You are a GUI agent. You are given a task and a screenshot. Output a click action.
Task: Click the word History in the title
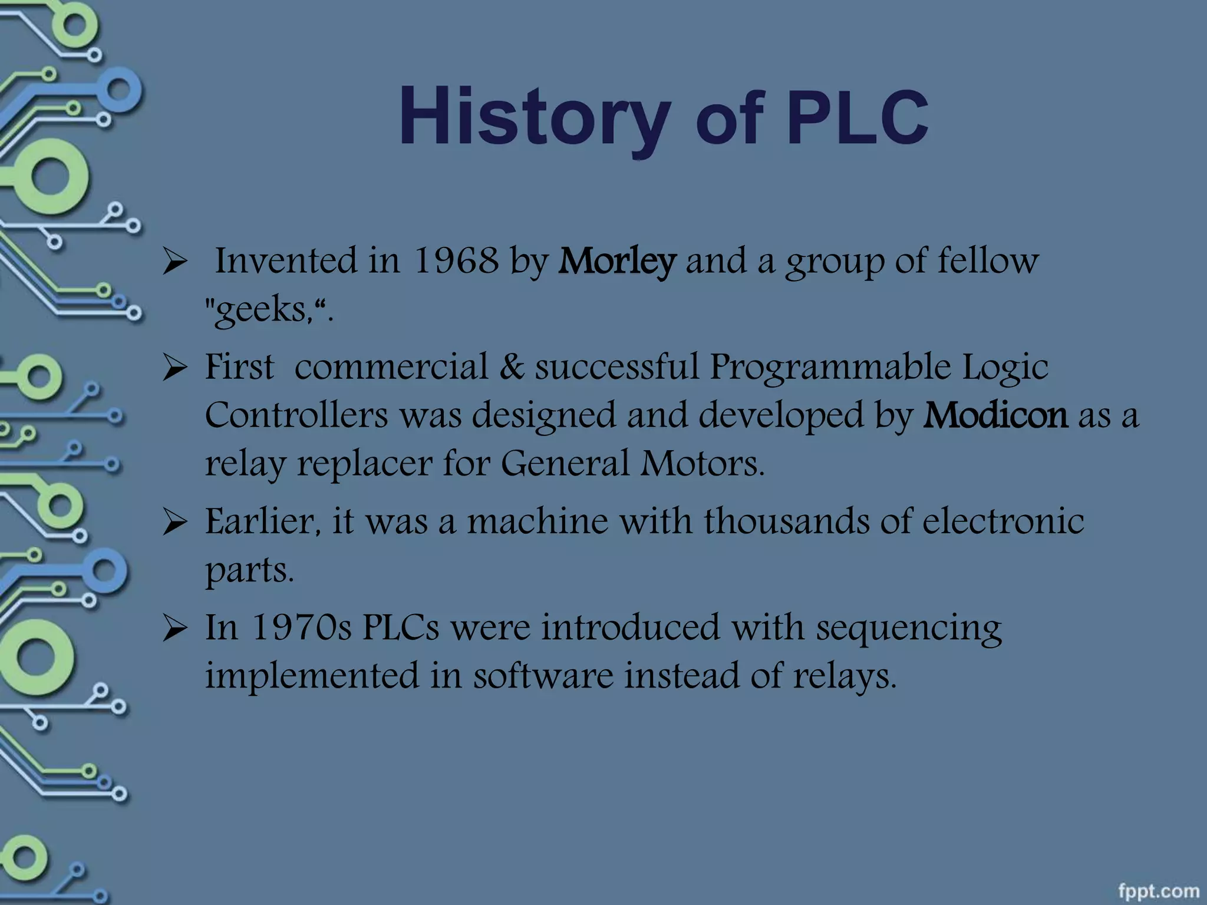535,118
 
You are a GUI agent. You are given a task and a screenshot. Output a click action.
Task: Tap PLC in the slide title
858,120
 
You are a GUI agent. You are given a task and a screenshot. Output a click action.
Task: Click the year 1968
456,260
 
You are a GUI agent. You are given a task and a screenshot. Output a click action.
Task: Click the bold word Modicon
995,415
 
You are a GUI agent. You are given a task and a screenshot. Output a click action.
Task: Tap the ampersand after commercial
512,366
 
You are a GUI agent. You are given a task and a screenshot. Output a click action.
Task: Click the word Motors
703,463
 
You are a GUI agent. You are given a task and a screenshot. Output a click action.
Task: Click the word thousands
786,521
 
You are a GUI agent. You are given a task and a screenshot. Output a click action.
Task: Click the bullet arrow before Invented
174,262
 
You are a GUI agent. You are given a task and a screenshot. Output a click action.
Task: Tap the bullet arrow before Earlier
174,523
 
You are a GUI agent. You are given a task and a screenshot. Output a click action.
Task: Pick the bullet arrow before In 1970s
174,629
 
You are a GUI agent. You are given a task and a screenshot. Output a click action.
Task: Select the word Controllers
296,415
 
